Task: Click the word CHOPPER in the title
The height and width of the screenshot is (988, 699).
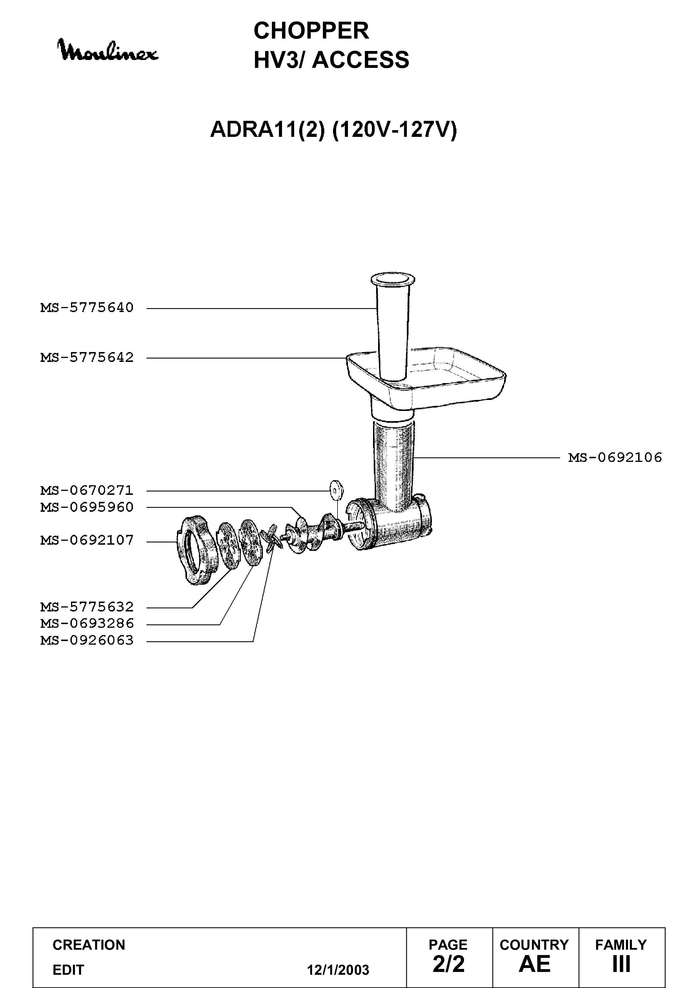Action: coord(311,31)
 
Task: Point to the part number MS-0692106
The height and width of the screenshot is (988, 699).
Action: coord(615,457)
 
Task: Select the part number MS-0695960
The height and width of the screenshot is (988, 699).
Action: coord(87,507)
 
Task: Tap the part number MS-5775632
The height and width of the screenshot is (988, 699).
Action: coord(87,607)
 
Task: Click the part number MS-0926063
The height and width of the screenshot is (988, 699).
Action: coord(87,640)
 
